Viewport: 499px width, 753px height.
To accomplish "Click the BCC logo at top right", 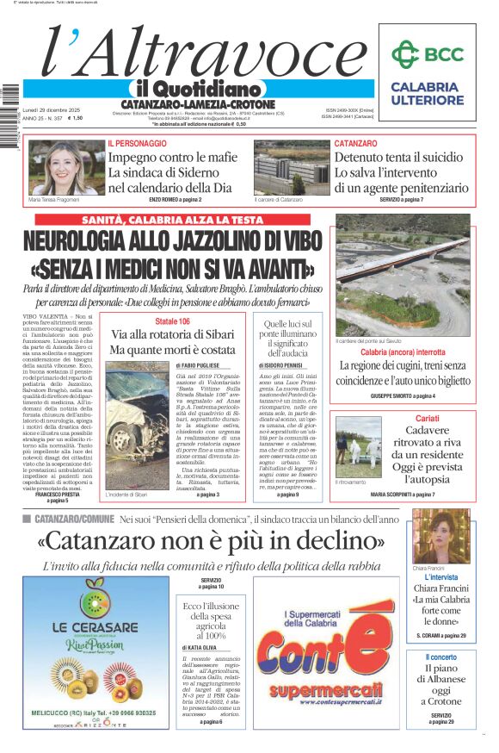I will click(427, 54).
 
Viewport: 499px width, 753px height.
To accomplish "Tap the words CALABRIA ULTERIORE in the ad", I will click(424, 94).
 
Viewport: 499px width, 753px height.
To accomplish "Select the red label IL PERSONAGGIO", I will click(137, 143).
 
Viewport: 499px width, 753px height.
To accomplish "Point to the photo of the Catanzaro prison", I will click(291, 167).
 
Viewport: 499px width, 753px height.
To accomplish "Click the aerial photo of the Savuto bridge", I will click(402, 276).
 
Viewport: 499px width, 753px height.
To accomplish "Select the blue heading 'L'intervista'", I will click(441, 577).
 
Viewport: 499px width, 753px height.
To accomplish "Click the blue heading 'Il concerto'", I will click(440, 657).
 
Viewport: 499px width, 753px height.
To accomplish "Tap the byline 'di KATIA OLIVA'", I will click(199, 647).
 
